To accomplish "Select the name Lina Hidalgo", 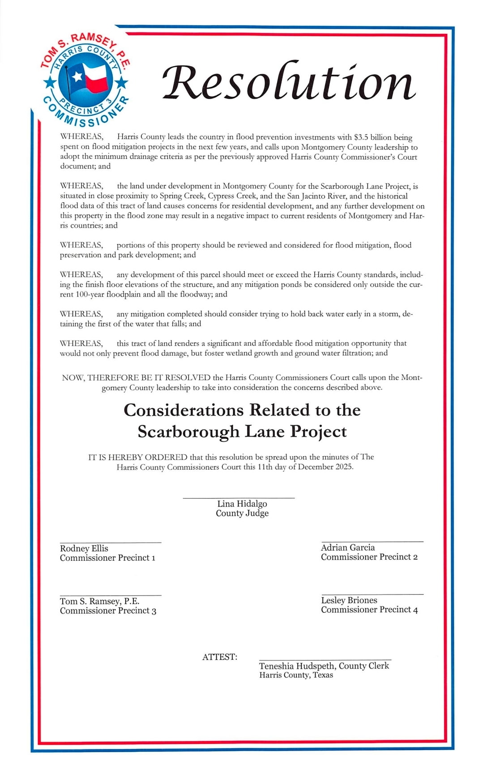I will click(242, 504).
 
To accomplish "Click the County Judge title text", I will click(242, 513).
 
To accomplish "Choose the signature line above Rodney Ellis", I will click(111, 543).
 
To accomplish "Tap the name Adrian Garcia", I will click(348, 547).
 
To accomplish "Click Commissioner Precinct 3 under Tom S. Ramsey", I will click(108, 611).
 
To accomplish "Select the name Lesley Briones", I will click(349, 600).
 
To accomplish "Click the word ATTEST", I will click(219, 657).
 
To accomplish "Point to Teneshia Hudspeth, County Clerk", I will click(324, 666).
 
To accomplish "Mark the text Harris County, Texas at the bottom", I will click(296, 675).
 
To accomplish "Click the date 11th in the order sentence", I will click(264, 467).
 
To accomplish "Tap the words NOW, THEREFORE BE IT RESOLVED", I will click(136, 377).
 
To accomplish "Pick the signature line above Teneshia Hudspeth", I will click(325, 660).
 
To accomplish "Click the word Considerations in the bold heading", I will click(184, 410).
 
